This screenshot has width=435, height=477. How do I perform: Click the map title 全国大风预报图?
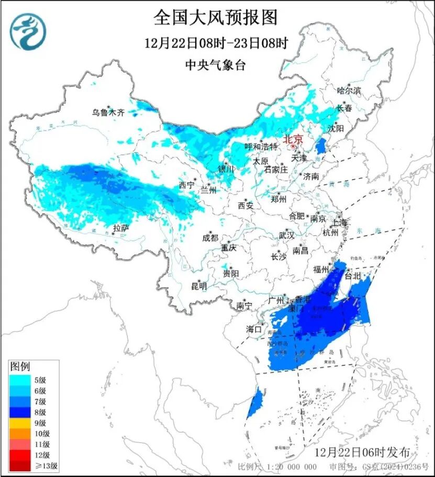pyautogui.click(x=215, y=18)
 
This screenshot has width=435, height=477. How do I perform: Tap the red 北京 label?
pyautogui.click(x=293, y=139)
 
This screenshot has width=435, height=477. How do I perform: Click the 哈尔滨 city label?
pyautogui.click(x=349, y=90)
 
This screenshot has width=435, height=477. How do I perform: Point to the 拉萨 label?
pyautogui.click(x=121, y=228)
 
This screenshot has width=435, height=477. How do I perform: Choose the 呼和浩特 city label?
pyautogui.click(x=262, y=147)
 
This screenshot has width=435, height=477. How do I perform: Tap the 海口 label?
pyautogui.click(x=254, y=330)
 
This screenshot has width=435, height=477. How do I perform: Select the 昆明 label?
pyautogui.click(x=199, y=286)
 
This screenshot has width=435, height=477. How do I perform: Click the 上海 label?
pyautogui.click(x=339, y=223)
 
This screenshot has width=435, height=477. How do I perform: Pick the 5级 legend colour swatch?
pyautogui.click(x=21, y=379)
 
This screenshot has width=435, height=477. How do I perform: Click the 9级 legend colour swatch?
pyautogui.click(x=21, y=423)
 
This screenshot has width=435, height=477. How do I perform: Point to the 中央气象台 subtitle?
pyautogui.click(x=215, y=65)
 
